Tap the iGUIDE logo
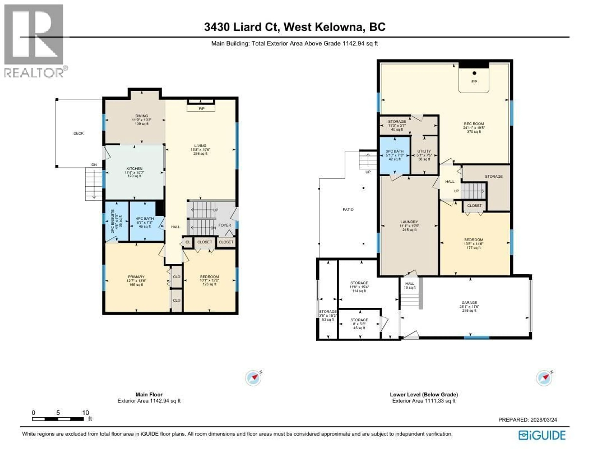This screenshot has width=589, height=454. (x=542, y=435)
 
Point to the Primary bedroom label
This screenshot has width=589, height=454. (x=136, y=277)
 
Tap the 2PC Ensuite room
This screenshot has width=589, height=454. (x=117, y=221)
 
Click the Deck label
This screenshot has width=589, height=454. (x=79, y=133)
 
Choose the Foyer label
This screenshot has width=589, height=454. (x=225, y=225)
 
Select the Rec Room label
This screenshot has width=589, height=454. (x=474, y=124)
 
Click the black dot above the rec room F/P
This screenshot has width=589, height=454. (x=474, y=73)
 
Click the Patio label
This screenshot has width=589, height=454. (x=348, y=209)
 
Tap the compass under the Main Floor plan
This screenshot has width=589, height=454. (x=253, y=378)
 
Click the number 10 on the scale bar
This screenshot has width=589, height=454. (x=85, y=413)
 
